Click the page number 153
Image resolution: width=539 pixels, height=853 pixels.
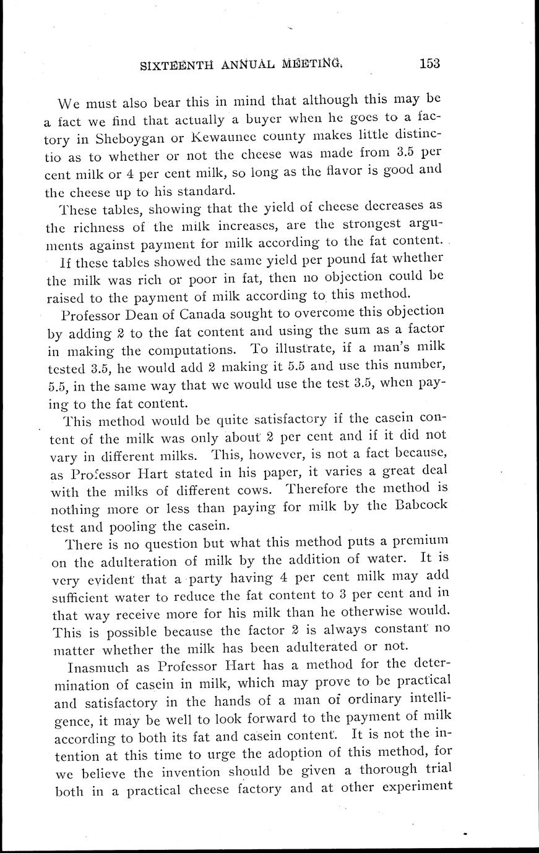(429, 63)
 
